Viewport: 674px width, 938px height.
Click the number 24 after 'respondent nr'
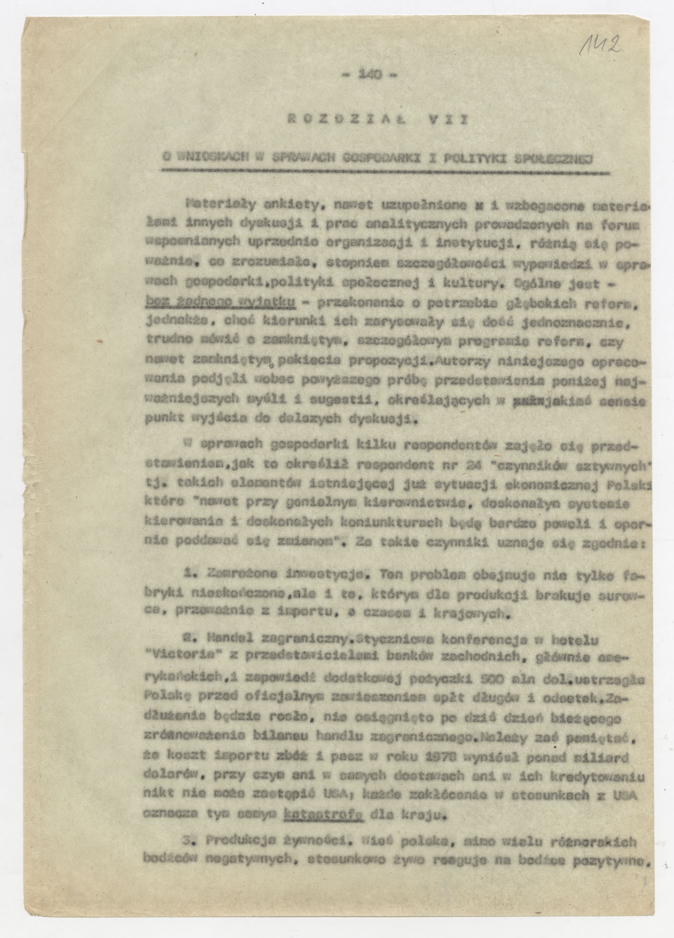471,465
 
